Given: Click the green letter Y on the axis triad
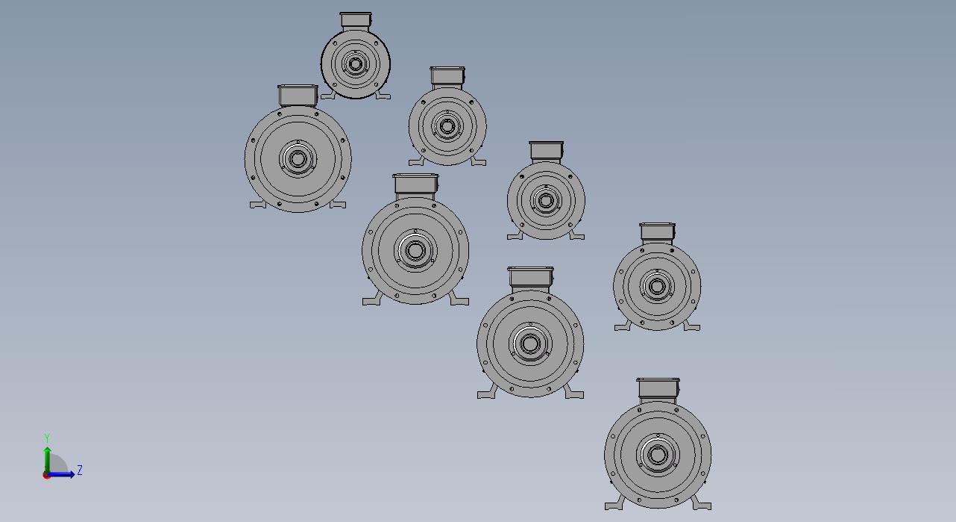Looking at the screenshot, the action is click(47, 438).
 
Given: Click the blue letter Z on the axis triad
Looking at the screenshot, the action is click(79, 470).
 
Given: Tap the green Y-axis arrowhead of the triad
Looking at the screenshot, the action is click(48, 450).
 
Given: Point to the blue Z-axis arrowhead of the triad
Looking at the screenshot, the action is click(72, 474).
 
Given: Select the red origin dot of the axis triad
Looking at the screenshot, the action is click(46, 475).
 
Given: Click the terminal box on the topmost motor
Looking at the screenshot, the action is click(356, 20).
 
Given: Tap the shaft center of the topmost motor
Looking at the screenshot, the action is click(355, 64).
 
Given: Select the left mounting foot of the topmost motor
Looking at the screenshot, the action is click(328, 96).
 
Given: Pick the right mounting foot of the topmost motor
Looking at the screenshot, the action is click(383, 96).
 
